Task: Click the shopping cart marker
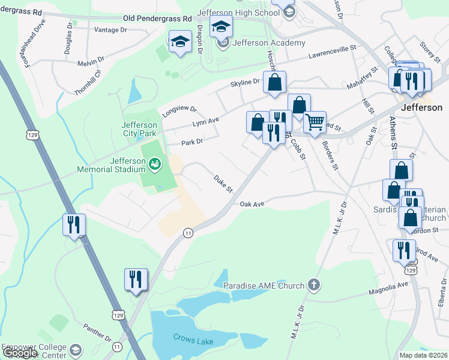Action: [x=315, y=123]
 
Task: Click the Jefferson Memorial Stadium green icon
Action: [x=154, y=163]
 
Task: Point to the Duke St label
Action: [x=223, y=184]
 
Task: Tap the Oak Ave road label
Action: [x=252, y=205]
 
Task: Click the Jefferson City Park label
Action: [x=139, y=128]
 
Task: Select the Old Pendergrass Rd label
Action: [x=157, y=19]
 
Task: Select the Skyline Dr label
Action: [x=244, y=82]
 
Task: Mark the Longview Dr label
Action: [x=179, y=112]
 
